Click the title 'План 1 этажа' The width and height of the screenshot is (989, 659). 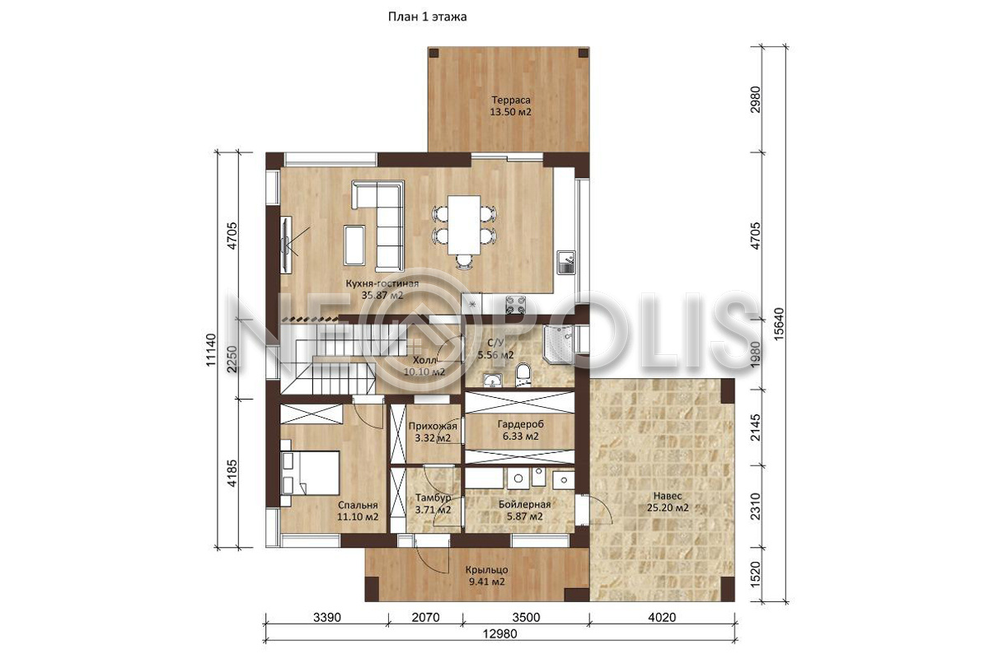tap(428, 16)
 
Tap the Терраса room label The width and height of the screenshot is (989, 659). tap(511, 100)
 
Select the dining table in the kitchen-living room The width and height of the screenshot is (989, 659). tap(464, 225)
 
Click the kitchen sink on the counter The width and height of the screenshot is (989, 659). tap(566, 262)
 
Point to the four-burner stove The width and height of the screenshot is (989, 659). tap(516, 305)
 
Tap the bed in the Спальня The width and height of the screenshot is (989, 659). tap(310, 473)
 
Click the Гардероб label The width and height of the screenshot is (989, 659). tap(521, 424)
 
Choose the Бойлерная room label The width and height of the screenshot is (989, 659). tap(524, 504)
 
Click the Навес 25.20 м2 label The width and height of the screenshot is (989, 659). tap(668, 502)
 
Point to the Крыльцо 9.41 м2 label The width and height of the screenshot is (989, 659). tap(487, 576)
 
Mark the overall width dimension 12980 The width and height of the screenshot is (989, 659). tap(499, 634)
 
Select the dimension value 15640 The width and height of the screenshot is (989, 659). tap(780, 324)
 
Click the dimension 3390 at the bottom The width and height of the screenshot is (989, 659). tap(327, 618)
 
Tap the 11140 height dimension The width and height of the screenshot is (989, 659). tap(211, 349)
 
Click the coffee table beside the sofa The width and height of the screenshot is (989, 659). tap(354, 245)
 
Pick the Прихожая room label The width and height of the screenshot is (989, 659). tap(433, 427)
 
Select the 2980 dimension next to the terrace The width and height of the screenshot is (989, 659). tap(756, 100)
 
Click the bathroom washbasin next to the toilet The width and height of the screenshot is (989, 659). tap(492, 379)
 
